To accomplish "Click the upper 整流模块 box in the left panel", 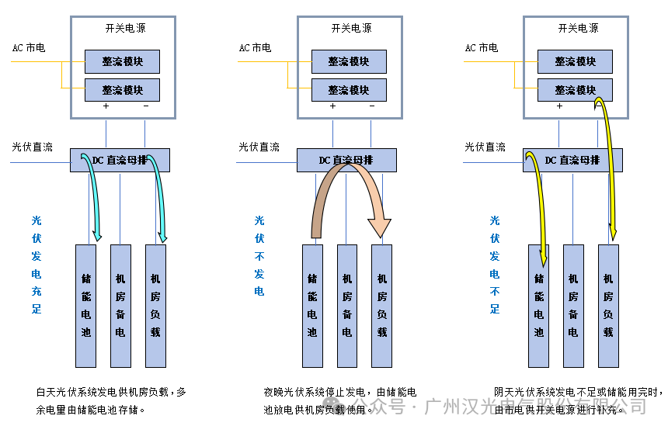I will [122, 61].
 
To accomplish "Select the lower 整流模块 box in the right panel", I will [575, 89].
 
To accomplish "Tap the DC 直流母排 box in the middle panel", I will [346, 161].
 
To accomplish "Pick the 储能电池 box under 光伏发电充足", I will [85, 306].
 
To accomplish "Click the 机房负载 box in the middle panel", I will [381, 306].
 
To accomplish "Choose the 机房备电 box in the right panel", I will [573, 306].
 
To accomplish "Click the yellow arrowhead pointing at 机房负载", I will [613, 232].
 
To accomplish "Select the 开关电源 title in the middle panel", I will [351, 29].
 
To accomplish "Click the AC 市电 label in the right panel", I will [482, 48].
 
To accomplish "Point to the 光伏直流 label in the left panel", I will [33, 147].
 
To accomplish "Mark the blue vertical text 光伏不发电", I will [259, 256].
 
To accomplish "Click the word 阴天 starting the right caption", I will [504, 392].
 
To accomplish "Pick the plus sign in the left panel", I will [106, 106].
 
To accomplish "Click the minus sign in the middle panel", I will [372, 106].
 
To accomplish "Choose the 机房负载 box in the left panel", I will [155, 306].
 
